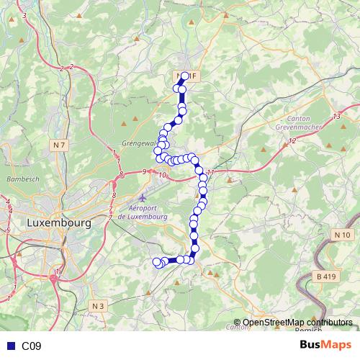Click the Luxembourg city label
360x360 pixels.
(x=58, y=223)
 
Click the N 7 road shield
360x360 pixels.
(x=58, y=146)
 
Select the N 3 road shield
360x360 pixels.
(x=99, y=306)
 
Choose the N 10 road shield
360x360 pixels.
(x=342, y=235)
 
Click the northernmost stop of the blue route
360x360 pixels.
(x=186, y=76)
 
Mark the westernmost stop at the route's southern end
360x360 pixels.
(x=157, y=261)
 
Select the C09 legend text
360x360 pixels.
(x=31, y=346)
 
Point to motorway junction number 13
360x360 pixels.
(x=336, y=117)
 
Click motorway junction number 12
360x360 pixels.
(x=292, y=140)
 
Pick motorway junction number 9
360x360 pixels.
(x=145, y=171)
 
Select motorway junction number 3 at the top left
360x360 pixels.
(x=24, y=15)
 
